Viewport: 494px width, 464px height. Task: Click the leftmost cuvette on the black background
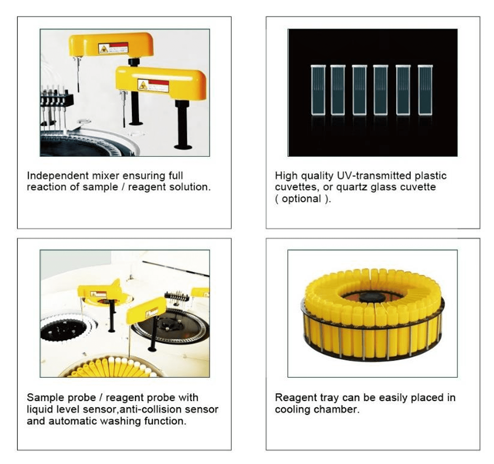[x=318, y=90]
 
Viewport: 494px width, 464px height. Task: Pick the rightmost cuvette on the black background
[x=425, y=90]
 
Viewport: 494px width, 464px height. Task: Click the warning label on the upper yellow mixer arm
[x=113, y=48]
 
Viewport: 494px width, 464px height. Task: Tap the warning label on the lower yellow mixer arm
[x=153, y=85]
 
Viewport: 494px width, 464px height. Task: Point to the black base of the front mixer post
[x=183, y=147]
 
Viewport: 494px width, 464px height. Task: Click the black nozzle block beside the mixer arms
[x=58, y=100]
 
